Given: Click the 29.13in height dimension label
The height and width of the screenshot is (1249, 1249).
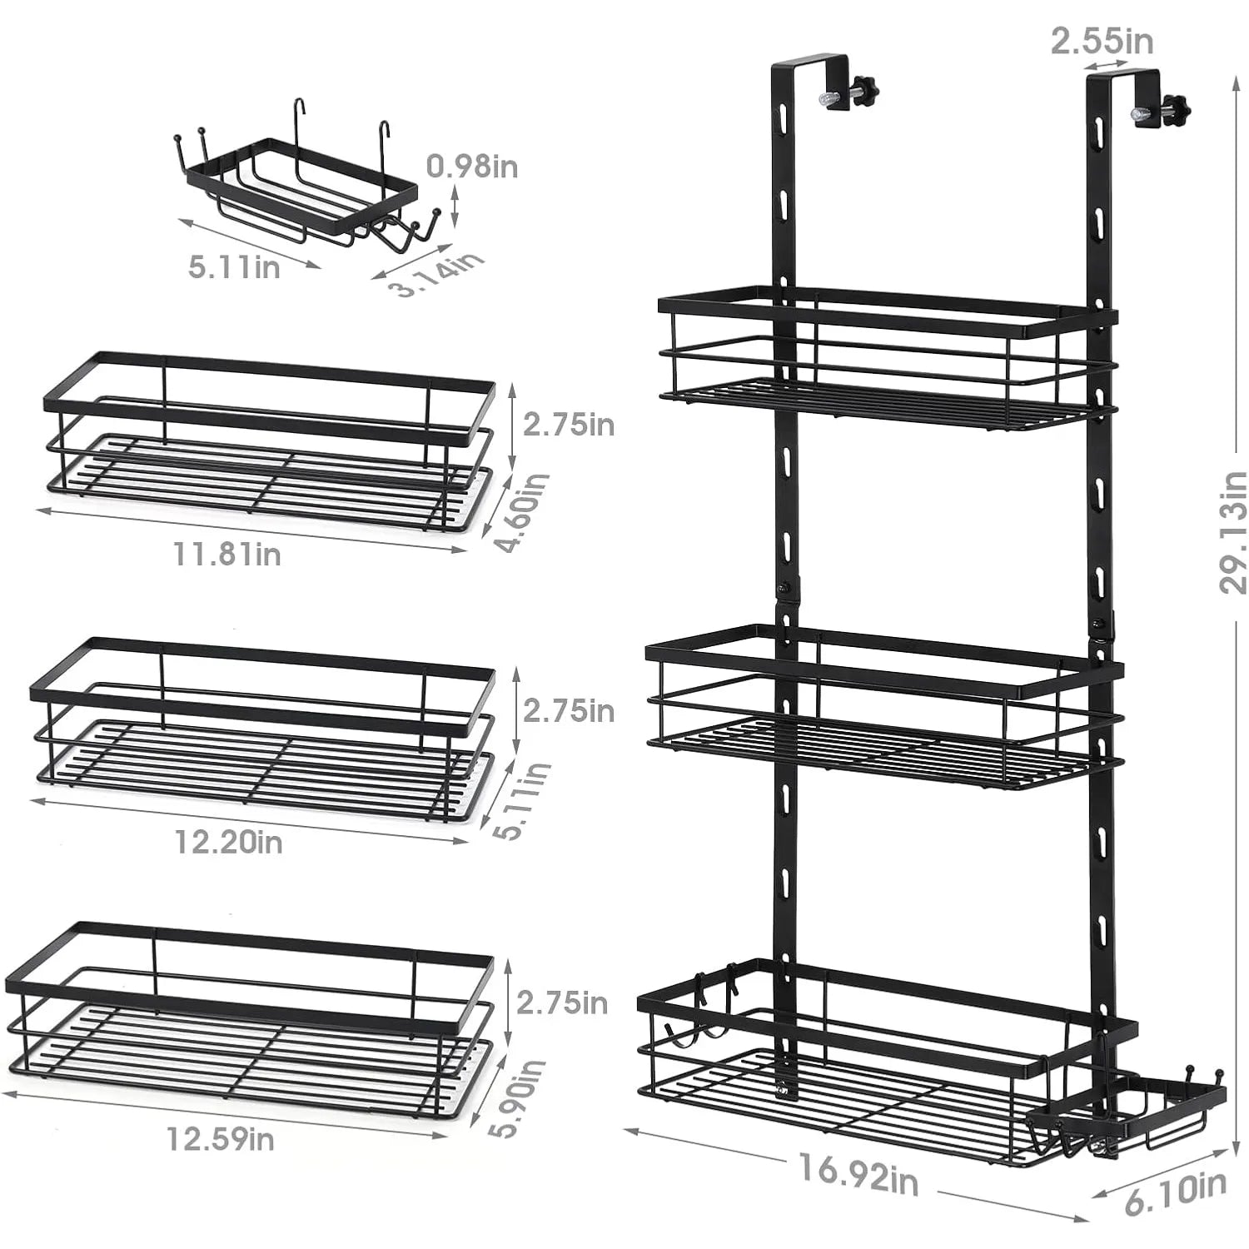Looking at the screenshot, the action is [x=1232, y=533].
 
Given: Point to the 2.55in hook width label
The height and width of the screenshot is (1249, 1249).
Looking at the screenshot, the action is [x=1101, y=40].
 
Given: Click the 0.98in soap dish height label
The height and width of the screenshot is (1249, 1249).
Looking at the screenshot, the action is [x=472, y=167].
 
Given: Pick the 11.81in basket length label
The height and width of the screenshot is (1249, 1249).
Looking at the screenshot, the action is [x=227, y=554].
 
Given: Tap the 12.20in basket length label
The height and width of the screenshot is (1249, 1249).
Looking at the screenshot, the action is [x=228, y=842].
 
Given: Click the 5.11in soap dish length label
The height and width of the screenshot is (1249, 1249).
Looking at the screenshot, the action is [x=234, y=267].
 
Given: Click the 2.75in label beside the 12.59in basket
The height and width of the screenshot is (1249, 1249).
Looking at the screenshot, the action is [x=562, y=1003].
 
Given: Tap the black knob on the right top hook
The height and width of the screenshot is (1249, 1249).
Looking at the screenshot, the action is [x=1177, y=107].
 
